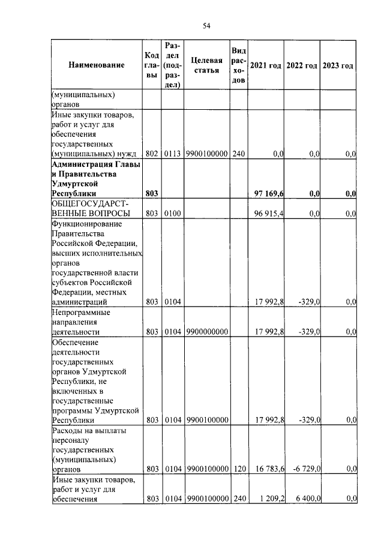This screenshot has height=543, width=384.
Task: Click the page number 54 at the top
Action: pyautogui.click(x=206, y=25)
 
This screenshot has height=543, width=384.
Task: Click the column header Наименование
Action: pyautogui.click(x=96, y=65)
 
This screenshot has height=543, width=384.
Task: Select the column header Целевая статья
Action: pyautogui.click(x=206, y=65)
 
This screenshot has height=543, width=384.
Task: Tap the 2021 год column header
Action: pyautogui.click(x=266, y=65)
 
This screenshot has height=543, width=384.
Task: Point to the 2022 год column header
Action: pyautogui.click(x=302, y=65)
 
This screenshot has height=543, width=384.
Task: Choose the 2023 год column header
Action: pyautogui.click(x=338, y=65)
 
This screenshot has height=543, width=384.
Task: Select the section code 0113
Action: pyautogui.click(x=173, y=154)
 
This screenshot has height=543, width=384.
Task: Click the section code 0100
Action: pyautogui.click(x=173, y=214)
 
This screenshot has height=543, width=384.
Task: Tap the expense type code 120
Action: pyautogui.click(x=239, y=469)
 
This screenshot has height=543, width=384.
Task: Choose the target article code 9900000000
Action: pyautogui.click(x=206, y=331)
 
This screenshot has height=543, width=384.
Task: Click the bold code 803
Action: pyautogui.click(x=152, y=193)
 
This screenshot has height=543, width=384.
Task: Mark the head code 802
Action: pyautogui.click(x=152, y=154)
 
